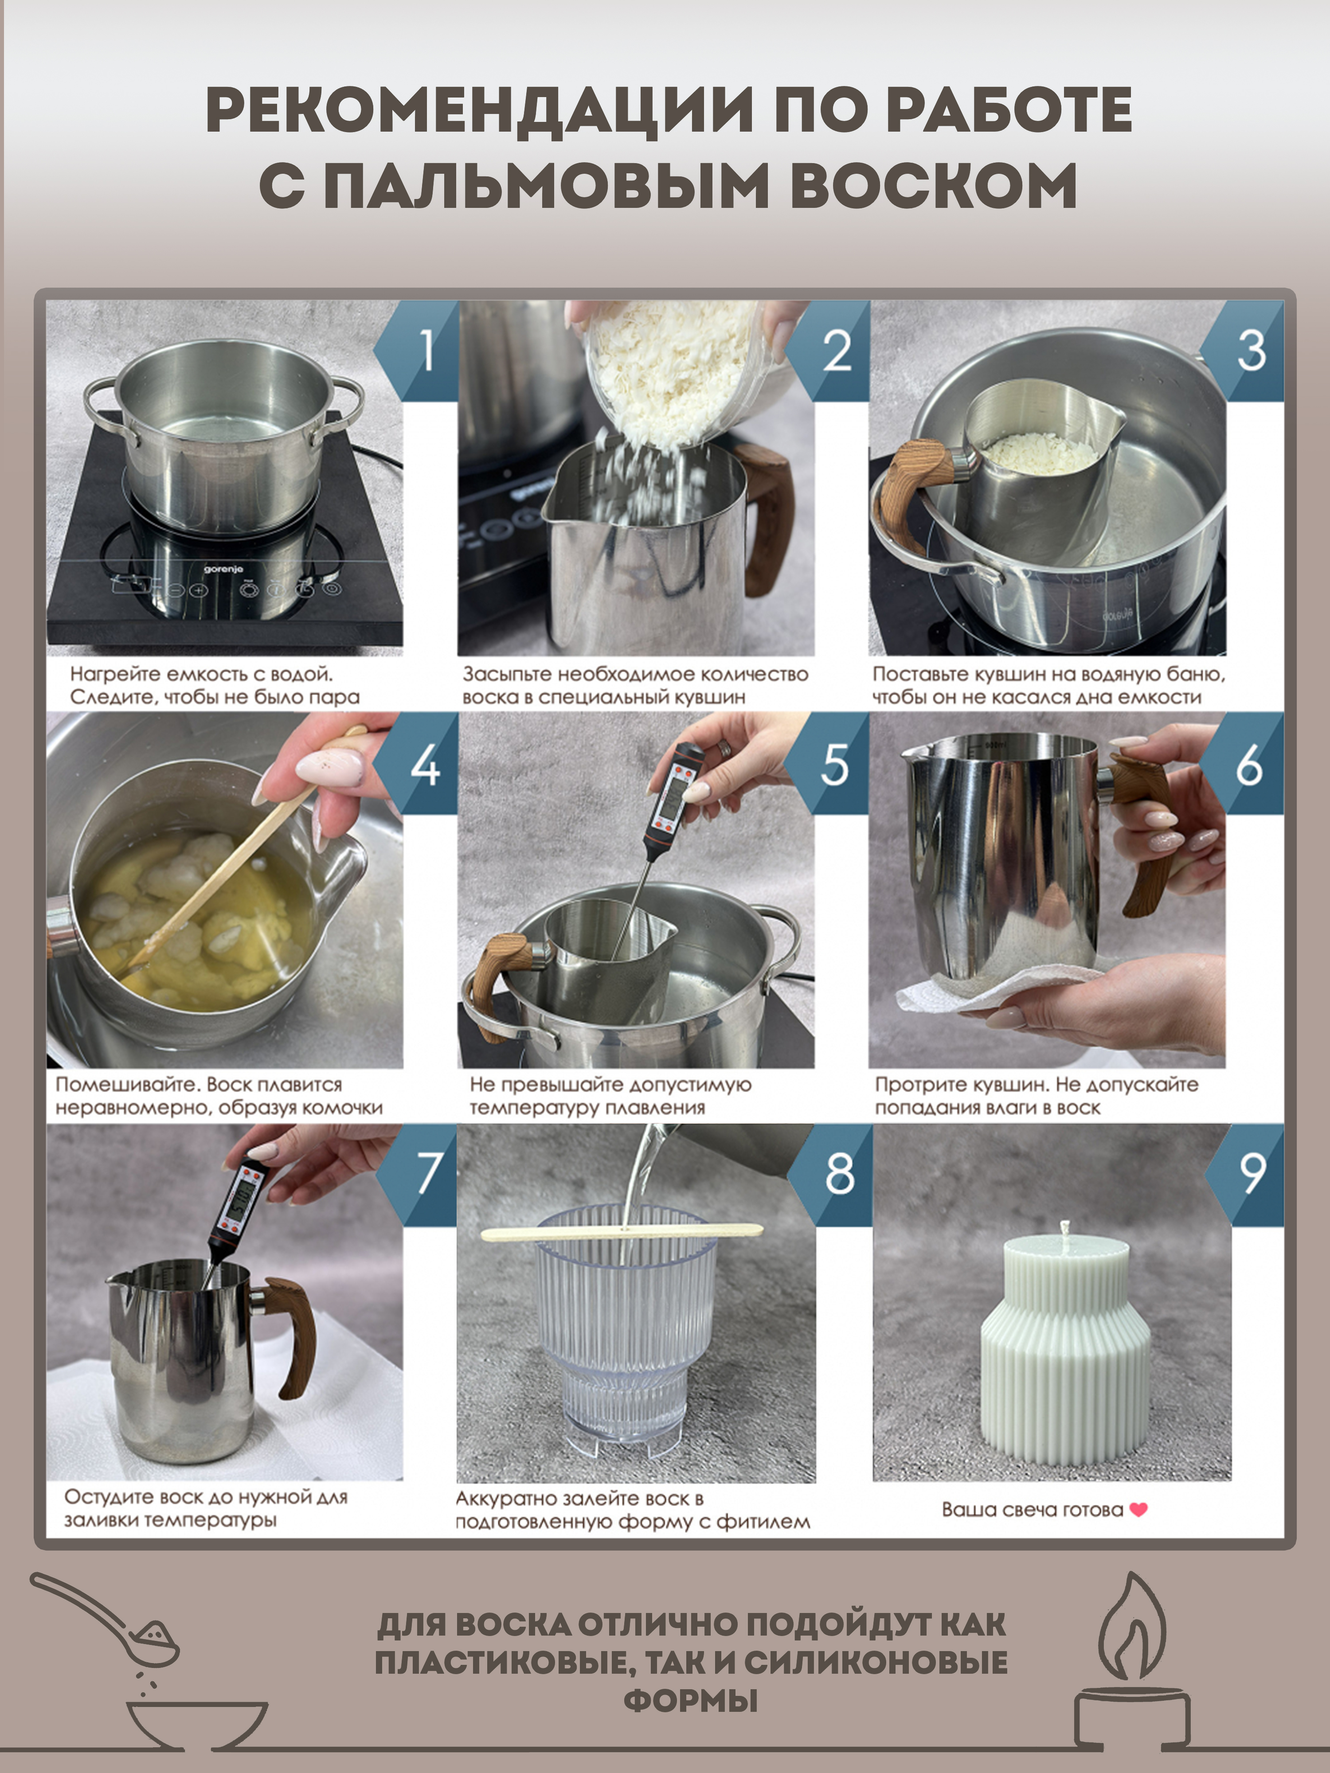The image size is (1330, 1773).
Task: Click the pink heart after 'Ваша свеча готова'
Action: point(1138,1509)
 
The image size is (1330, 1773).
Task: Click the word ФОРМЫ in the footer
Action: point(690,1700)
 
